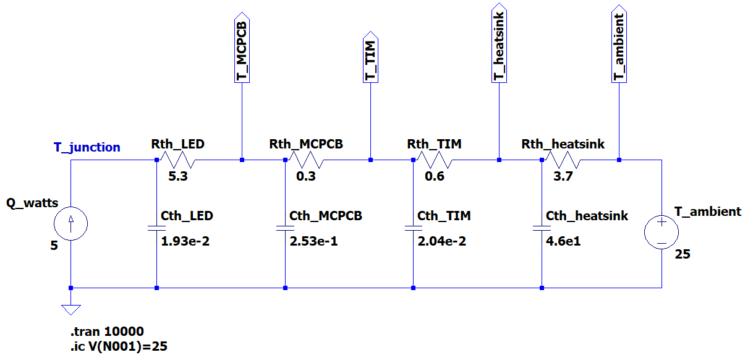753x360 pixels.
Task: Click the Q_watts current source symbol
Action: pos(71,223)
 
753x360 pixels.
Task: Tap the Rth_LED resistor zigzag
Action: pos(177,161)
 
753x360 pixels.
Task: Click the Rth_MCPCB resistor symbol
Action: pos(306,161)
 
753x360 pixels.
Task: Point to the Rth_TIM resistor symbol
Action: pos(435,161)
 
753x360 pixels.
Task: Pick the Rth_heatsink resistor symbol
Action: pos(563,161)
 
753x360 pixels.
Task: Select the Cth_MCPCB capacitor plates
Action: pos(285,228)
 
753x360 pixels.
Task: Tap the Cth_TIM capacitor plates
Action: pos(413,228)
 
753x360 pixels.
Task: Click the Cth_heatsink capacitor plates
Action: pos(542,228)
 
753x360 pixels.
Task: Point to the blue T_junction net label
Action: pos(87,147)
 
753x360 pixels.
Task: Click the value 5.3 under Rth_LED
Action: pos(178,176)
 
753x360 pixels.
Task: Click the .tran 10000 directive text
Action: pos(108,332)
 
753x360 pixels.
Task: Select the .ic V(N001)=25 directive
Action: pos(119,346)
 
